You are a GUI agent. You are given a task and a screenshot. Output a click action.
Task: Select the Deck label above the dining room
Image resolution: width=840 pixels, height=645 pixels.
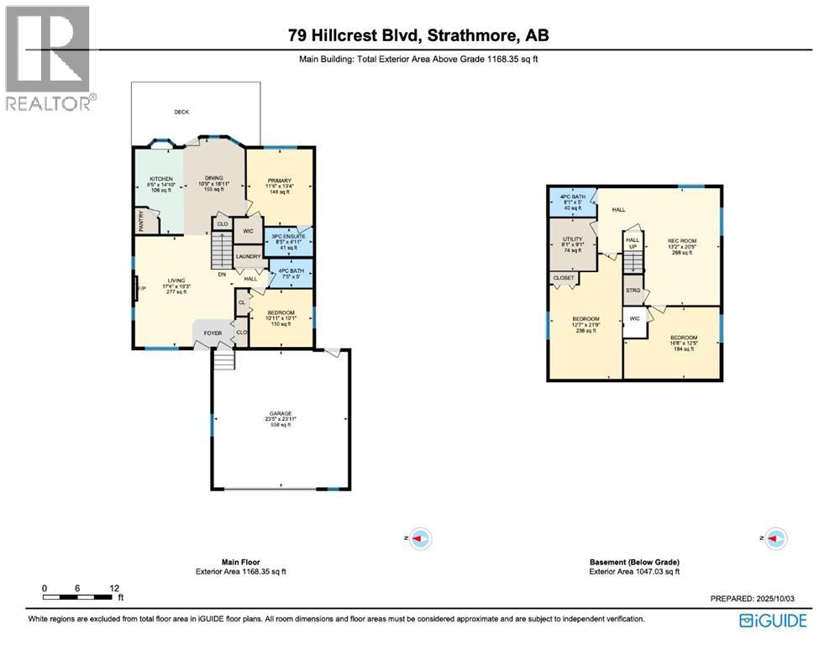click(181, 112)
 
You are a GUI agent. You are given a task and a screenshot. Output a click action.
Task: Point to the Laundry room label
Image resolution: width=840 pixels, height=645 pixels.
click(248, 256)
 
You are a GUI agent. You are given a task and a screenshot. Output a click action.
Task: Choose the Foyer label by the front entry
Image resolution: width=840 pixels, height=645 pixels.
click(213, 333)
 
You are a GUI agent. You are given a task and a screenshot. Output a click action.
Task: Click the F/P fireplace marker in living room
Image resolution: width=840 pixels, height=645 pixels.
click(141, 289)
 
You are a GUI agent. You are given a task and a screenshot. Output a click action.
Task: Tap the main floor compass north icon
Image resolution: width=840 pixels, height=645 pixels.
click(420, 537)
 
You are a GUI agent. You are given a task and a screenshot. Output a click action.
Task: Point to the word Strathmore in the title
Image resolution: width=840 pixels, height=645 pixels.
click(477, 35)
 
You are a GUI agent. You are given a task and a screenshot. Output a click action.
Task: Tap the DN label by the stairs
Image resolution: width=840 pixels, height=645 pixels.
click(222, 274)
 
